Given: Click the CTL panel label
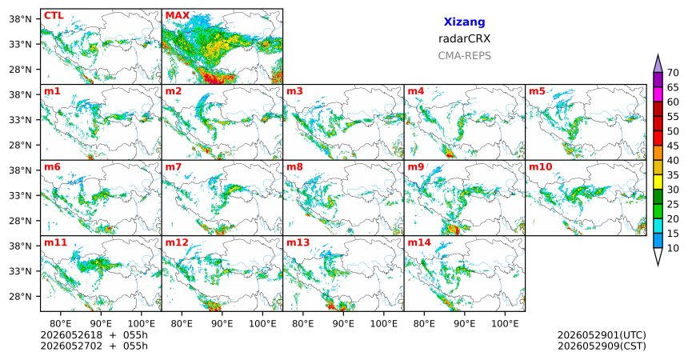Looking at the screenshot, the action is tap(54, 16).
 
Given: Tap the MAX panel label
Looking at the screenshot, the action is tap(178, 16).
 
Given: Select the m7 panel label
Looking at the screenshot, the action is tap(173, 167).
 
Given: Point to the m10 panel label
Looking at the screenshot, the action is tap(540, 167).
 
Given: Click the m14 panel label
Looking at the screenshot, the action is tap(419, 242).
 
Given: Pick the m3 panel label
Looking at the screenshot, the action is tap(294, 91).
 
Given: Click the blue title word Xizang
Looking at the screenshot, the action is tap(464, 22).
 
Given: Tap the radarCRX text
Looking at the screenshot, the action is tap(464, 38).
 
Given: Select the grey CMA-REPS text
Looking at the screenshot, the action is tap(464, 56).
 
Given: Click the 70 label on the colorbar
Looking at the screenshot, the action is tap(673, 73).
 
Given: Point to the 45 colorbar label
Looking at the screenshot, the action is tap(673, 146).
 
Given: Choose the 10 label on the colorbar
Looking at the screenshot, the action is tap(673, 248).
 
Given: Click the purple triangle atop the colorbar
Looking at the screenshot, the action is tap(658, 64).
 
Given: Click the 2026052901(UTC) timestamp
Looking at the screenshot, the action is tap(602, 335).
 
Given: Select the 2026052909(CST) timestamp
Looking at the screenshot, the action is tap(602, 346).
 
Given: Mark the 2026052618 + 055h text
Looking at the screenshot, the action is tap(94, 335).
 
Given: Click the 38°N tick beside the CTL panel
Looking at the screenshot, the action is tap(20, 19).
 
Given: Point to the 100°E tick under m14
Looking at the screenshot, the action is tap(505, 324).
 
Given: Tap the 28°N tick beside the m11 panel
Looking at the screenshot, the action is tap(20, 296).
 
